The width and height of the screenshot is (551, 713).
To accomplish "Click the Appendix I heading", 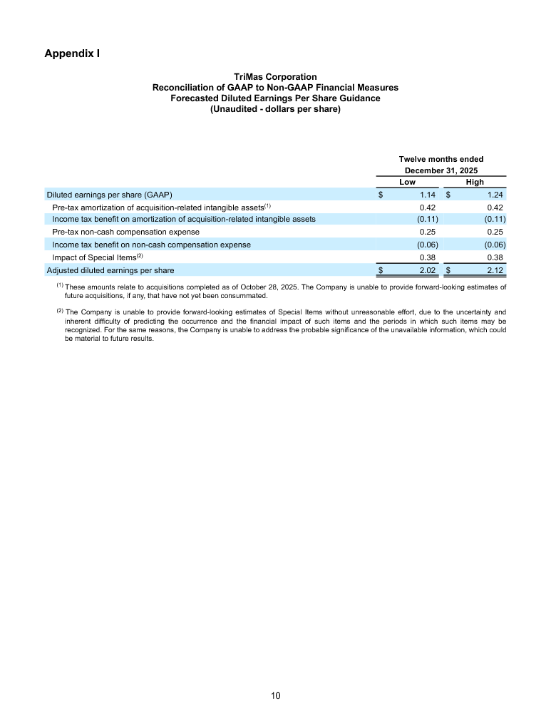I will click(x=72, y=53).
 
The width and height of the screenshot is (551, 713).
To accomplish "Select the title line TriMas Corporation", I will click(x=275, y=77).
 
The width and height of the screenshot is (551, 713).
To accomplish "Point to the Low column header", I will click(x=407, y=183).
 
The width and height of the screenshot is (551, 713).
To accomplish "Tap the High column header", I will click(x=474, y=183).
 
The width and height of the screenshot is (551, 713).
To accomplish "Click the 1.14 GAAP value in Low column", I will click(x=428, y=195).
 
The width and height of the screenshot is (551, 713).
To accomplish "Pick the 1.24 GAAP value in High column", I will click(x=496, y=195).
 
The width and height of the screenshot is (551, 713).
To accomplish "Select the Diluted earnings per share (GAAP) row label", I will click(x=109, y=195).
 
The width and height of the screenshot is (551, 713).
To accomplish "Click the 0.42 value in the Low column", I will click(x=428, y=207).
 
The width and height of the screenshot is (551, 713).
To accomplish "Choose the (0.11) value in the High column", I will click(x=495, y=219).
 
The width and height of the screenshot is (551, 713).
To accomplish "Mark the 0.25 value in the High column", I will click(x=496, y=232).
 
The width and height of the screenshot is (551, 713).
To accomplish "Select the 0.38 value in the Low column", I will click(x=428, y=257).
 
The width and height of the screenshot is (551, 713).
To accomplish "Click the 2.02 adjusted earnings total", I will click(x=428, y=270).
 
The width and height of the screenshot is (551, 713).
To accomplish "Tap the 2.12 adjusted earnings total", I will click(x=496, y=270).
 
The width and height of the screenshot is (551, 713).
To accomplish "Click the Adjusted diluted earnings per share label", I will click(x=110, y=270).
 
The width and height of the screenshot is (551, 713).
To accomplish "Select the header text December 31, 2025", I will click(x=441, y=170).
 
